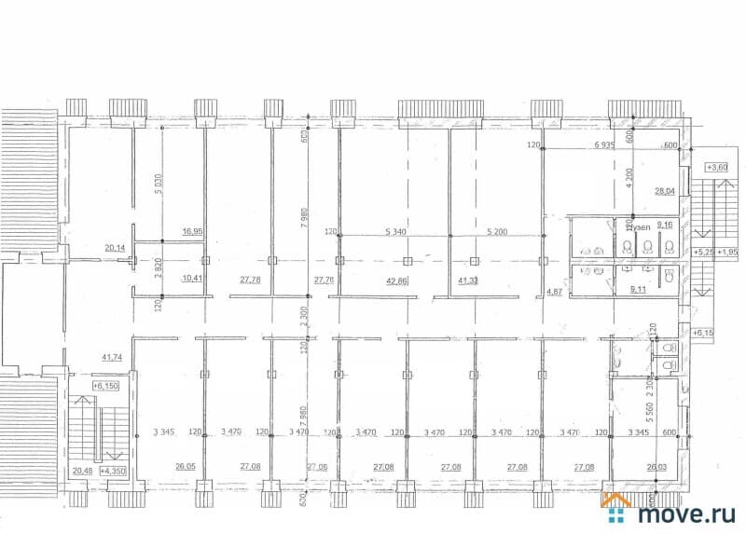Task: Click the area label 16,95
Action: [193, 230]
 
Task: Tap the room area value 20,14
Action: [115, 248]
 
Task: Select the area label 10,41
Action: [193, 279]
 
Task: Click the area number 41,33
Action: [469, 280]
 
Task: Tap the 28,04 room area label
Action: [664, 191]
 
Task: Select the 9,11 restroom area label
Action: [640, 290]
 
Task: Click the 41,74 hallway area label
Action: [114, 357]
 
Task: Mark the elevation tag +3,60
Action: [717, 167]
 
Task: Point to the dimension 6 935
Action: [608, 146]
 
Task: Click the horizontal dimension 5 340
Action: [399, 230]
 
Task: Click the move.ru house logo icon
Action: [616, 510]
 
